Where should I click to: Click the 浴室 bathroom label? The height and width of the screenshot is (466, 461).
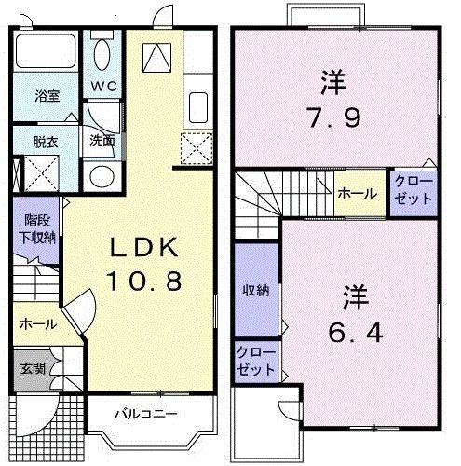click(47, 96)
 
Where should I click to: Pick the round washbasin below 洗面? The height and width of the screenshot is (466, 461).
click(100, 175)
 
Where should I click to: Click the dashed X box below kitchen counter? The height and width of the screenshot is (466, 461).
click(197, 146)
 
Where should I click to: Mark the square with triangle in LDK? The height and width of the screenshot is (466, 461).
click(156, 58)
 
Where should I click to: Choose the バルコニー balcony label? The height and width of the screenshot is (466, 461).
click(146, 413)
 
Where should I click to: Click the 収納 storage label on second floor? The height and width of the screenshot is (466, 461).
click(256, 291)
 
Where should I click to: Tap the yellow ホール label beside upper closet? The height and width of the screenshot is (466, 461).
click(358, 194)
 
